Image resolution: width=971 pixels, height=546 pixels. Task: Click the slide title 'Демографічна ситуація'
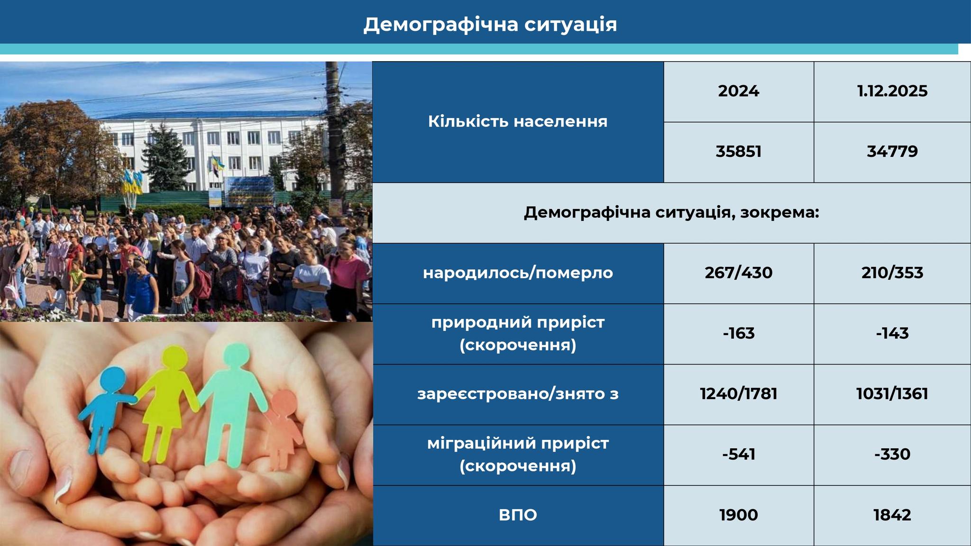490,25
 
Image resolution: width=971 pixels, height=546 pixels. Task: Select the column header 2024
739,91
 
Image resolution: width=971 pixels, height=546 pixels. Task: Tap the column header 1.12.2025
892,91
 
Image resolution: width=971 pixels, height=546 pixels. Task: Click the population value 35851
739,152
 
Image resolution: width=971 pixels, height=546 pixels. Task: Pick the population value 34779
892,152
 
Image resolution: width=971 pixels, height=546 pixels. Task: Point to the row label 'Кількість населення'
518,121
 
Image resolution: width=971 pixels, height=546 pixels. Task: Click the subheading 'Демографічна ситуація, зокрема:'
671,212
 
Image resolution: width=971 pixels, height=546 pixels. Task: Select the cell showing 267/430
739,273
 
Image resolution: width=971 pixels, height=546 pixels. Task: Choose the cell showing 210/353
892,273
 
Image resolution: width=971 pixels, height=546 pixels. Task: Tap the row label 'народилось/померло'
518,273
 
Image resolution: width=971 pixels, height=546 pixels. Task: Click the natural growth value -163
739,333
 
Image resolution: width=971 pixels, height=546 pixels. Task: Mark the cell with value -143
892,333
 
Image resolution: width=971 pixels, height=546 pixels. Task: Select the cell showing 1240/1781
739,394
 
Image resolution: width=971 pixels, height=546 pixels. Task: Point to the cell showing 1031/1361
892,394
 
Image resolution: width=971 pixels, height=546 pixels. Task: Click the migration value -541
739,455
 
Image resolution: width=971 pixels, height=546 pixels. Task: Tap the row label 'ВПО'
518,515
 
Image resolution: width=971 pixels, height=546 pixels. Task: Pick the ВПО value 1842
892,515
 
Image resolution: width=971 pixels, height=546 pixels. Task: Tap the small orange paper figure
283,427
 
